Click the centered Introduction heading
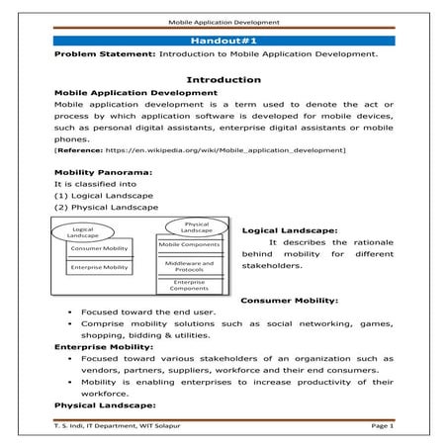pos(223,79)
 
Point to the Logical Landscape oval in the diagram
pos(82,232)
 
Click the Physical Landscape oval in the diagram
pos(191,227)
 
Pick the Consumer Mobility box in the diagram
pos(99,248)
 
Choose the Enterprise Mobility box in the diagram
pos(99,267)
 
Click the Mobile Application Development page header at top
pos(224,19)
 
